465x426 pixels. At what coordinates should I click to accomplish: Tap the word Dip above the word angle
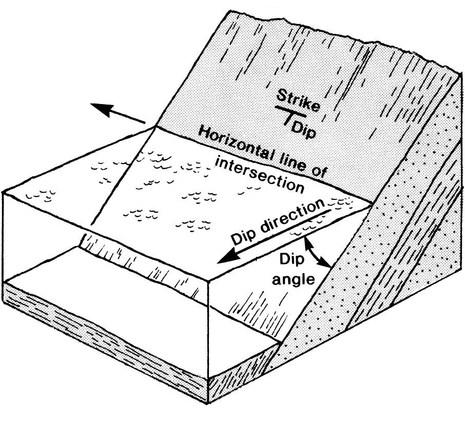[293, 259]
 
